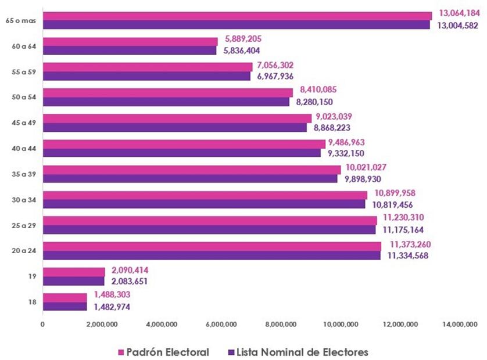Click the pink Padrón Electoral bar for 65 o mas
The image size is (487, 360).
click(x=237, y=16)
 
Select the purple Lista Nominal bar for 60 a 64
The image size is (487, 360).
click(x=130, y=51)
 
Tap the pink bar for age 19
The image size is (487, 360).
click(x=74, y=272)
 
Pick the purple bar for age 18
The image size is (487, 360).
click(x=65, y=307)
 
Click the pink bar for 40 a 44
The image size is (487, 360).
click(x=184, y=143)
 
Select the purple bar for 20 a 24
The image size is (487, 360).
click(x=212, y=255)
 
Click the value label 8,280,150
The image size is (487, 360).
click(x=314, y=102)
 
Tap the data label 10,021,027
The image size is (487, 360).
click(x=366, y=167)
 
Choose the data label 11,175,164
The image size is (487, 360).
click(x=402, y=230)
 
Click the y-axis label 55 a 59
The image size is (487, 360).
click(x=23, y=71)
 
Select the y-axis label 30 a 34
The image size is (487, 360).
click(x=23, y=200)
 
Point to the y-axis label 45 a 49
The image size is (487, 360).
click(x=23, y=123)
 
